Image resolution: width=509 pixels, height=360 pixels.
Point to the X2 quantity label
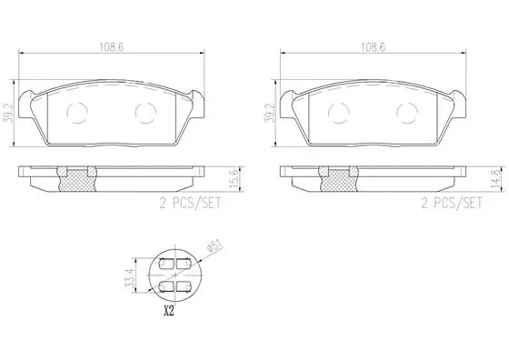click(x=167, y=310)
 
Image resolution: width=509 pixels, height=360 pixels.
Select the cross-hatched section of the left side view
click(x=78, y=183)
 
